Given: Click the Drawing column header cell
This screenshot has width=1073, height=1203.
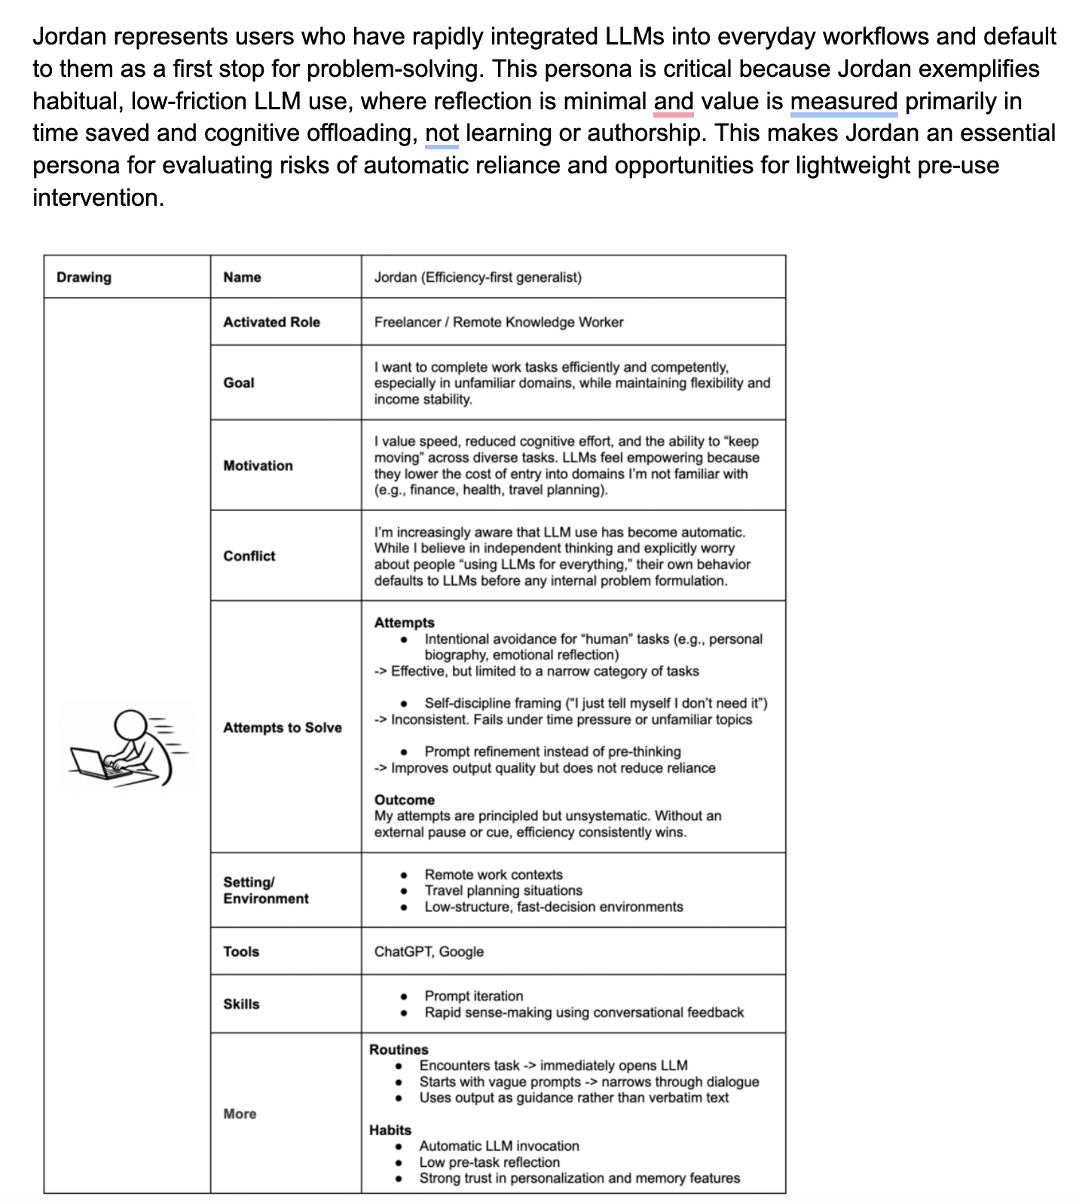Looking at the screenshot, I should click(x=84, y=277).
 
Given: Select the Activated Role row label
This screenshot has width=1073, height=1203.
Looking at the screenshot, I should click(x=271, y=322).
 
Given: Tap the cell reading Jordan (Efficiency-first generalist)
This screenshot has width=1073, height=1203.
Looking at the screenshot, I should click(x=478, y=277).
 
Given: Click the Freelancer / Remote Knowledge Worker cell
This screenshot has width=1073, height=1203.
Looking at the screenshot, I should click(x=499, y=322).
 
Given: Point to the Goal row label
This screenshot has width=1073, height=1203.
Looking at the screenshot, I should click(x=239, y=383).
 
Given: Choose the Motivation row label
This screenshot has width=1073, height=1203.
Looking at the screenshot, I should click(x=258, y=466).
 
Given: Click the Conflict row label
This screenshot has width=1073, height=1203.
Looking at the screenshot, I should click(x=249, y=556).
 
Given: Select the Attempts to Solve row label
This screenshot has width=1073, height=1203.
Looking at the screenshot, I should click(x=283, y=727).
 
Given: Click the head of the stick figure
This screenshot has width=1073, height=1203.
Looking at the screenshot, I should click(x=130, y=726).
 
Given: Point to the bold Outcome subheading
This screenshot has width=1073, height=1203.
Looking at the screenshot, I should click(x=405, y=800).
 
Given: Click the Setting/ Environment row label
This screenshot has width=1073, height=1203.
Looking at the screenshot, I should click(x=266, y=890).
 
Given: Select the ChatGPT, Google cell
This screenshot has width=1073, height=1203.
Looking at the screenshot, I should click(x=429, y=951).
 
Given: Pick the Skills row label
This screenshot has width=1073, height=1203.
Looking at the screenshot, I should click(x=241, y=1004).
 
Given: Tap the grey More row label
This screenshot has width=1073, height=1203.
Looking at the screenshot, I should click(x=240, y=1113).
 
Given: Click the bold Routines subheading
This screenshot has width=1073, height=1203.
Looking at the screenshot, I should click(x=399, y=1049).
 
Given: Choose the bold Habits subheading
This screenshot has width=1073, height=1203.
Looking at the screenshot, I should click(x=390, y=1130).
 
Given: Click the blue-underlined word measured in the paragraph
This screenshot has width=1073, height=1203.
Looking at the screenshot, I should click(x=844, y=101).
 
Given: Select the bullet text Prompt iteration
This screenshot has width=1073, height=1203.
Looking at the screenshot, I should click(x=473, y=996).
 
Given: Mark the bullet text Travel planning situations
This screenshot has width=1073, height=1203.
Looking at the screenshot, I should click(x=503, y=890).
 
